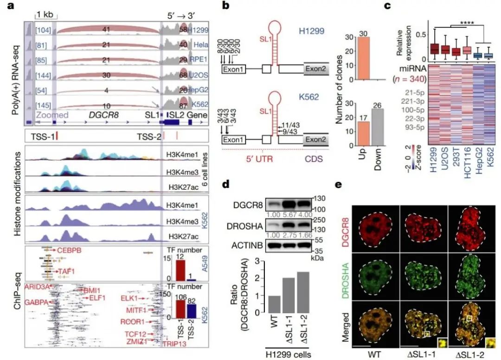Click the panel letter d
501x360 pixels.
(x=226, y=185)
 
